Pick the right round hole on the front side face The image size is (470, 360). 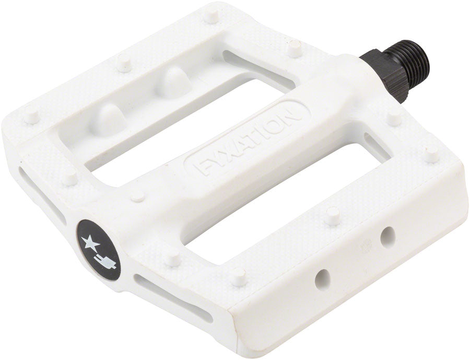pyautogui.click(x=387, y=238)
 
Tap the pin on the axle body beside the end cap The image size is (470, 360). pyautogui.click(x=137, y=195)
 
